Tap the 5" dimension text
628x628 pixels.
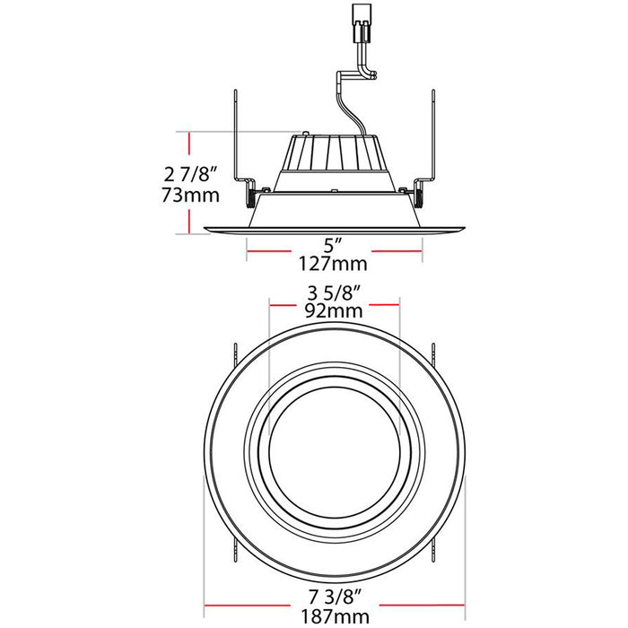pyautogui.click(x=334, y=243)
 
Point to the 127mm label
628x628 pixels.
pyautogui.click(x=334, y=265)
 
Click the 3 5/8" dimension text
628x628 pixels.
pyautogui.click(x=334, y=292)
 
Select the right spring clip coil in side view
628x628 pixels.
pyautogui.click(x=419, y=189)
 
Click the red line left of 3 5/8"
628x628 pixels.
pyautogui.click(x=284, y=302)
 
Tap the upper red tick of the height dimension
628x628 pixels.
pyautogui.click(x=189, y=142)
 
